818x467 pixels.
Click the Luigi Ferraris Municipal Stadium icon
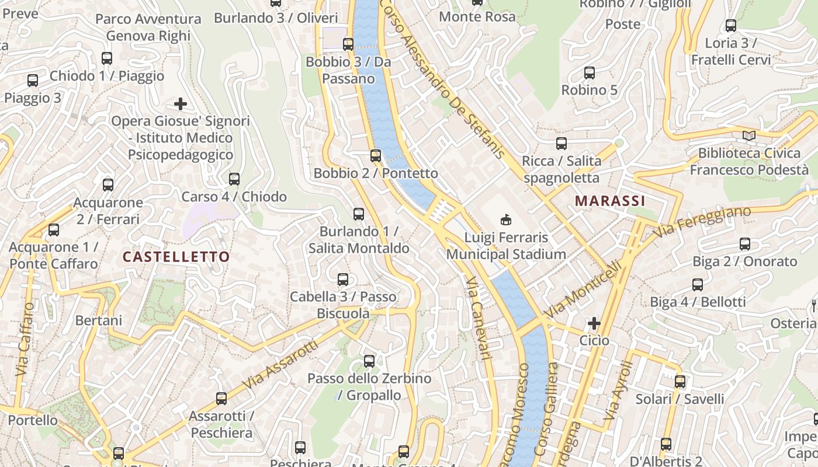click(505, 220)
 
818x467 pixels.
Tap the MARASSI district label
click(610, 201)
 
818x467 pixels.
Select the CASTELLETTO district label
click(176, 257)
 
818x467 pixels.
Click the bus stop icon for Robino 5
click(590, 73)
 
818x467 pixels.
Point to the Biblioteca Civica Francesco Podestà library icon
click(748, 136)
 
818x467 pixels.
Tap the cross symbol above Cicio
click(594, 323)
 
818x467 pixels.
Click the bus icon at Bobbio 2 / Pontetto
click(376, 156)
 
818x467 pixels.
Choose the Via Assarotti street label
click(281, 365)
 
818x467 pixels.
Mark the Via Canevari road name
click(477, 318)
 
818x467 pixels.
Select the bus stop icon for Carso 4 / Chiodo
click(234, 179)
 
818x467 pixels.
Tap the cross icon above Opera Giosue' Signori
click(181, 104)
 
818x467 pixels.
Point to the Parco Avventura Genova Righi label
click(148, 27)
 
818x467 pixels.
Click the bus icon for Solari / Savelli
click(680, 382)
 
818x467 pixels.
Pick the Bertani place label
click(99, 320)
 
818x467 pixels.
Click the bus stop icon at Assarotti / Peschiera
click(221, 399)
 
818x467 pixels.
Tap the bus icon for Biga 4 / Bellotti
click(698, 285)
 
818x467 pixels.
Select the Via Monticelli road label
click(583, 290)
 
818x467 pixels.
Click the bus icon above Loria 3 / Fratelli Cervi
click(731, 26)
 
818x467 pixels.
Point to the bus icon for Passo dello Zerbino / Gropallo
click(369, 361)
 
